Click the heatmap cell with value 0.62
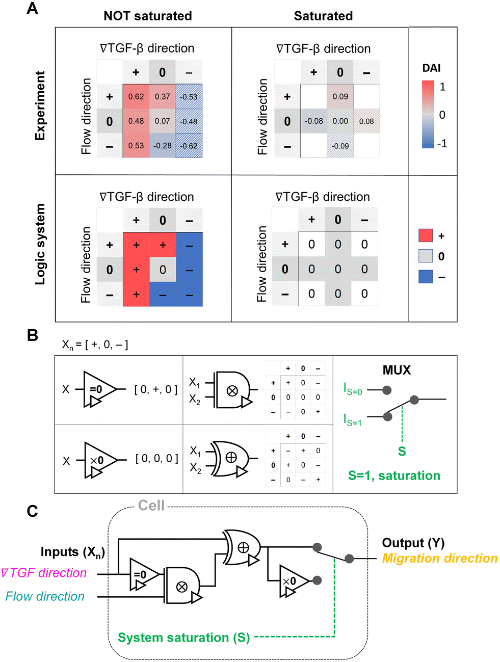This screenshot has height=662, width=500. [136, 96]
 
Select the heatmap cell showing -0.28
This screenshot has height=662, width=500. [163, 146]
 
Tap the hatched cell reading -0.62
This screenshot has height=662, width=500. [189, 146]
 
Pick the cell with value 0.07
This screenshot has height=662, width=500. [163, 121]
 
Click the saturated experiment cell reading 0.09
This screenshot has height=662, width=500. [340, 96]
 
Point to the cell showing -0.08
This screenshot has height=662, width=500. [313, 121]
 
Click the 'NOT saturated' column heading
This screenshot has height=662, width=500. [148, 16]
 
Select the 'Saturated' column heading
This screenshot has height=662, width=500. [323, 16]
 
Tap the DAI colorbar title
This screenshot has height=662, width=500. [431, 68]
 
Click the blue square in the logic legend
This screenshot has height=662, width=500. [426, 277]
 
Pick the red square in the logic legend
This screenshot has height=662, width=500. [426, 235]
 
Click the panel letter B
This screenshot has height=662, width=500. [32, 335]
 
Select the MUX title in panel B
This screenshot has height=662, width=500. [397, 370]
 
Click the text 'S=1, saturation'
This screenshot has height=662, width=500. [394, 475]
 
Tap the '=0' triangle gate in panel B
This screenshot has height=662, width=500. [98, 390]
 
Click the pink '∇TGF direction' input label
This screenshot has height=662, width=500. [44, 573]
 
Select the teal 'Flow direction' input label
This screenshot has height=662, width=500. [45, 596]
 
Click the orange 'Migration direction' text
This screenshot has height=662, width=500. [440, 559]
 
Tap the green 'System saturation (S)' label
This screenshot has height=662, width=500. [183, 638]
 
